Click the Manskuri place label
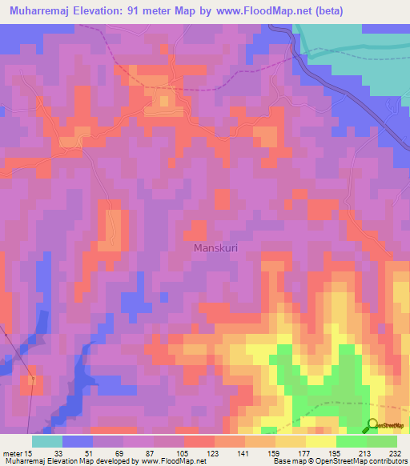[216, 248]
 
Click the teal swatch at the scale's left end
[47, 441]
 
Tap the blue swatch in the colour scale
[78, 441]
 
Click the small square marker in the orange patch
[33, 380]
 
